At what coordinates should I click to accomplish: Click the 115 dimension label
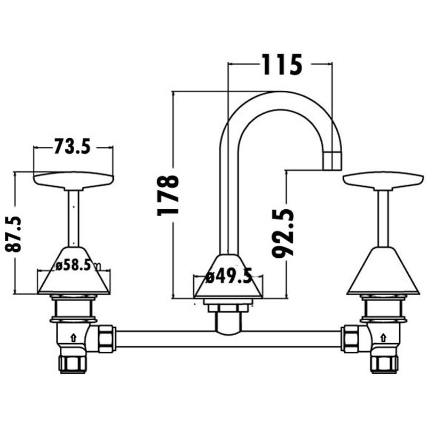tap(282, 65)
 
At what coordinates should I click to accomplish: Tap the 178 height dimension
tap(168, 195)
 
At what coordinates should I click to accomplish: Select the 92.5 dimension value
tap(283, 233)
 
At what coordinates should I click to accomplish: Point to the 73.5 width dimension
tap(72, 146)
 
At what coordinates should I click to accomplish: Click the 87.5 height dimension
tap(13, 234)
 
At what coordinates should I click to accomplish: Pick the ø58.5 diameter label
tap(73, 265)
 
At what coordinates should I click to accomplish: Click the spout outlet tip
tap(332, 161)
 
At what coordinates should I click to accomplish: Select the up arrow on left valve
tap(74, 338)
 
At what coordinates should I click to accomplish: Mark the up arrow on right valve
tap(383, 338)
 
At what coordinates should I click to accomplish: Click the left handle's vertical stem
tap(74, 218)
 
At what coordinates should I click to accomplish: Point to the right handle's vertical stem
tap(383, 218)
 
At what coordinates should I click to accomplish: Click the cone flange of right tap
tap(383, 271)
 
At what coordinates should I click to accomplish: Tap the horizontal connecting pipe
tap(229, 339)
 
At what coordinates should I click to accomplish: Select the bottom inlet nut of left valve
tap(73, 364)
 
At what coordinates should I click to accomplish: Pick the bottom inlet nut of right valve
tap(384, 364)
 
